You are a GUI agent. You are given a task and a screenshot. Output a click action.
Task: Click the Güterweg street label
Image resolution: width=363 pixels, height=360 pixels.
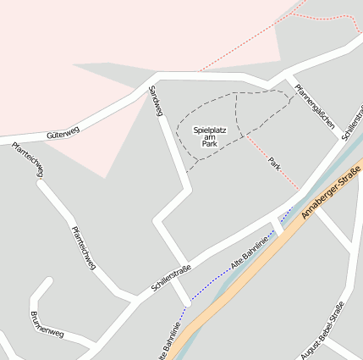coord(63,131)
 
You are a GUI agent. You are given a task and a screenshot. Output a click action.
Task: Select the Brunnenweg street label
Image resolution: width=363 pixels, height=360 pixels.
coord(46,325)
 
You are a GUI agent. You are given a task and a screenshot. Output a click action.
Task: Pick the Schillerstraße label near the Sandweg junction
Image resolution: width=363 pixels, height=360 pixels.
coord(171,277)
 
